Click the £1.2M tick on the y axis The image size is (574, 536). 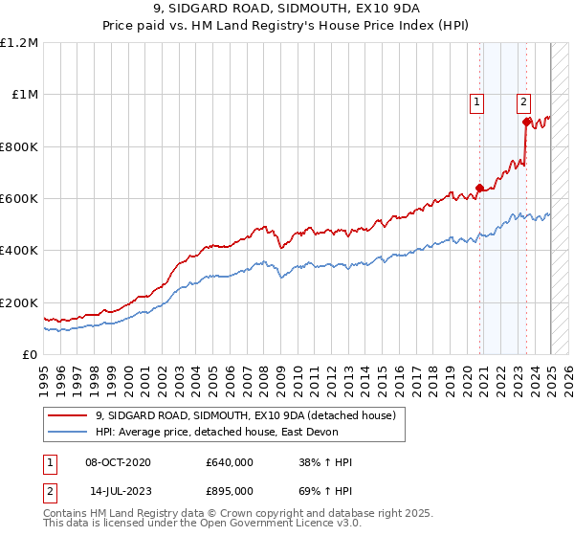(x=19, y=43)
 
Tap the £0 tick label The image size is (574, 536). (x=30, y=355)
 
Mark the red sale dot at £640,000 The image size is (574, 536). (x=480, y=189)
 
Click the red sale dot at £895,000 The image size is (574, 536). (x=526, y=122)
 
